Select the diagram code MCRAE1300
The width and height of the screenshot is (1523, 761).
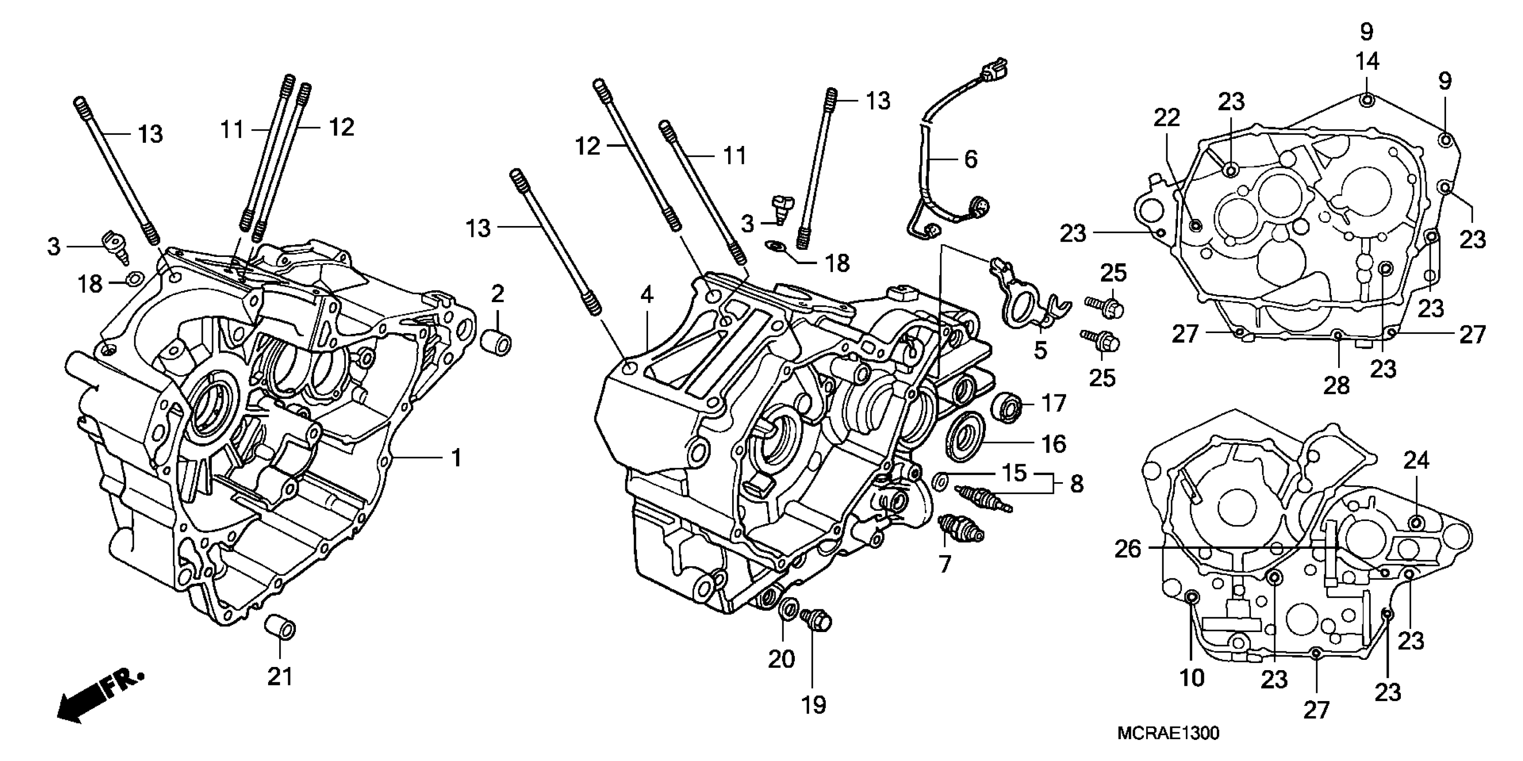[1168, 733]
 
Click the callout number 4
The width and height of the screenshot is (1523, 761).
[647, 295]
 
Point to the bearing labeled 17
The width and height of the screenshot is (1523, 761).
[1007, 407]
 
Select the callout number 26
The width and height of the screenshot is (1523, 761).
[1127, 549]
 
